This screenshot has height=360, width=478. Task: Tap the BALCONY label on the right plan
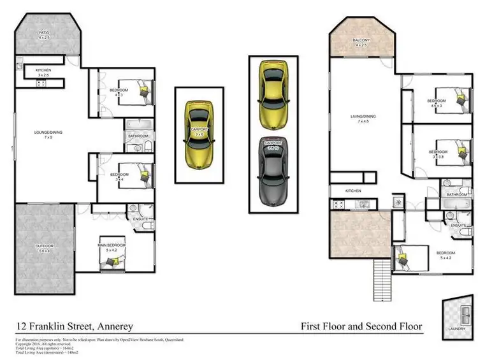(361, 40)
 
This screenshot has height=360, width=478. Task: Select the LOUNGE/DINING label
(47, 133)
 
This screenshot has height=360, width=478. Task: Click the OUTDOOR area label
(44, 246)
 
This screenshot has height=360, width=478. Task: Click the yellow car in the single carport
(199, 132)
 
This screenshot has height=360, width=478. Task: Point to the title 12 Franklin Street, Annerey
(75, 327)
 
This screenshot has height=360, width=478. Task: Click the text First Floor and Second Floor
(361, 327)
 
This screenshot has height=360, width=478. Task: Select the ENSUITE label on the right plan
(458, 226)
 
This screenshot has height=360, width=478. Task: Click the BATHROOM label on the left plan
(138, 136)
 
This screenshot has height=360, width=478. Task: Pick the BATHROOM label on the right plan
(456, 194)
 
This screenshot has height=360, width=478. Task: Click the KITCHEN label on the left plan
(43, 70)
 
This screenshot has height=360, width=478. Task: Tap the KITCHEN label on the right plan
(353, 191)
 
